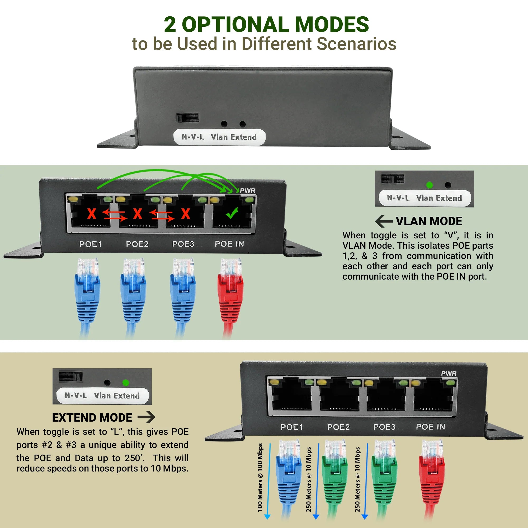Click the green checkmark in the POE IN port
click(232, 213)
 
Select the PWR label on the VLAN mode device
click(248, 191)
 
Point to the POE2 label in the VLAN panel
click(137, 244)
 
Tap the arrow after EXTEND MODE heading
click(146, 417)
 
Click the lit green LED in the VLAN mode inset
click(429, 185)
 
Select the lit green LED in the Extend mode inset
click(126, 383)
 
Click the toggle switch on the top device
click(187, 118)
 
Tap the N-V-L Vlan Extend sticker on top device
click(219, 137)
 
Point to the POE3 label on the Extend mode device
click(384, 427)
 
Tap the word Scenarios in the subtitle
click(356, 44)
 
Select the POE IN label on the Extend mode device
click(430, 427)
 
